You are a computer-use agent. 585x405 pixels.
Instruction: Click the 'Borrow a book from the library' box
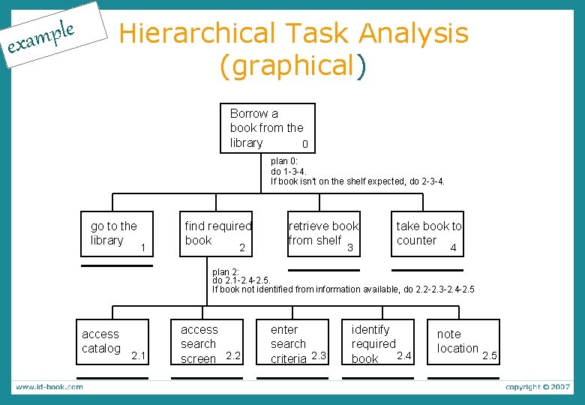coord(267,128)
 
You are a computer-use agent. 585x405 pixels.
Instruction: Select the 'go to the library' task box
coord(115,234)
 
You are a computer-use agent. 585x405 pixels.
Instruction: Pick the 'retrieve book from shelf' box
coord(323,234)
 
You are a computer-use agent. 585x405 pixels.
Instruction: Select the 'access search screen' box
coord(209,343)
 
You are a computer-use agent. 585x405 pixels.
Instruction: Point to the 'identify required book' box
coord(381,343)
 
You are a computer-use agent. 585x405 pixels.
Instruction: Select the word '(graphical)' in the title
coord(292,66)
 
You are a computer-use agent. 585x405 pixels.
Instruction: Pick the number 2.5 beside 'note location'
coord(490,355)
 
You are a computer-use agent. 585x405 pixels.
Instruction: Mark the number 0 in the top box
coord(304,144)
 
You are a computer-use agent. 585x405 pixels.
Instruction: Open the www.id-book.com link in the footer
coord(49,387)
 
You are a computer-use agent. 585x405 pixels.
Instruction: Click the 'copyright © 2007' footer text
coord(538,387)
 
